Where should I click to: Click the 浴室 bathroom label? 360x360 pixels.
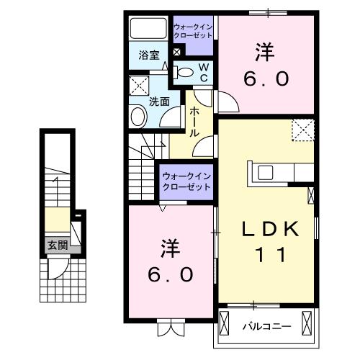pyautogui.click(x=149, y=55)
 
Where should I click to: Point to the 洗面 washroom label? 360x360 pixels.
pyautogui.click(x=159, y=102)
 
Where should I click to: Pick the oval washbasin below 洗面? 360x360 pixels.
pyautogui.click(x=137, y=117)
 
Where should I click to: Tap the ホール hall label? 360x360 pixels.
pyautogui.click(x=195, y=123)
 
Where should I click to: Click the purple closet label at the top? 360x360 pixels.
pyautogui.click(x=192, y=32)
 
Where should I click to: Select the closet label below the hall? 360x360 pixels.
pyautogui.click(x=186, y=181)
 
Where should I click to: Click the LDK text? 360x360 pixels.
pyautogui.click(x=269, y=228)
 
